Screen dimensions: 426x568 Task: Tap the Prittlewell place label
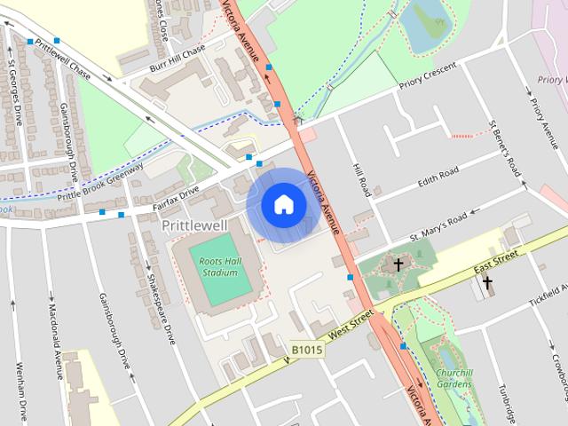point(194,225)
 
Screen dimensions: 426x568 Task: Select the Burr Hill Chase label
point(177,55)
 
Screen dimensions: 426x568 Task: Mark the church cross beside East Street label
point(486,284)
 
